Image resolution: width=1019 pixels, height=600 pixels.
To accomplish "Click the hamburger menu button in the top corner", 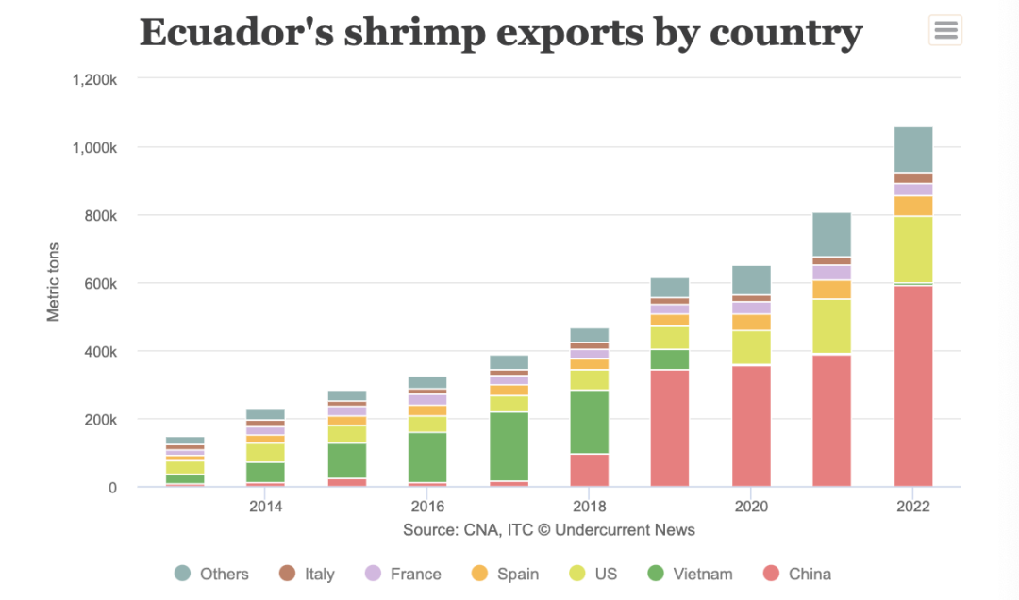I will (945, 30).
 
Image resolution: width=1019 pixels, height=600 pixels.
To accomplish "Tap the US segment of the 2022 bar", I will (912, 249).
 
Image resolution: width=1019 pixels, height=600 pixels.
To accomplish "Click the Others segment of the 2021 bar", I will (831, 234).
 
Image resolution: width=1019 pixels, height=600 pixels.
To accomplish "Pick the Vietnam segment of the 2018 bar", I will (589, 422).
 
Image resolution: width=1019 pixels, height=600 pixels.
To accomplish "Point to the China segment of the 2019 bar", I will (670, 428).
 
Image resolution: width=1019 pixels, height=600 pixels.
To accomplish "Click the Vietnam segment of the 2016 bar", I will (427, 458).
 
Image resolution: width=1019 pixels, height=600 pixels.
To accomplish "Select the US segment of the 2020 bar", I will (751, 347).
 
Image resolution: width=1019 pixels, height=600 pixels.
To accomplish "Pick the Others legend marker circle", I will (183, 573).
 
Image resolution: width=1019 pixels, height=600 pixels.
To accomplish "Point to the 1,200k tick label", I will (93, 80).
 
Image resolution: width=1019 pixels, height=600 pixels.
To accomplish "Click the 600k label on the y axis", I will (97, 284).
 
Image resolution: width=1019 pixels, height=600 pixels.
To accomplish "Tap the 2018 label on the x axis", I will (589, 507).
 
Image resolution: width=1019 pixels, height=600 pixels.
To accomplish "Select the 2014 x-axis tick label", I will (265, 507).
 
